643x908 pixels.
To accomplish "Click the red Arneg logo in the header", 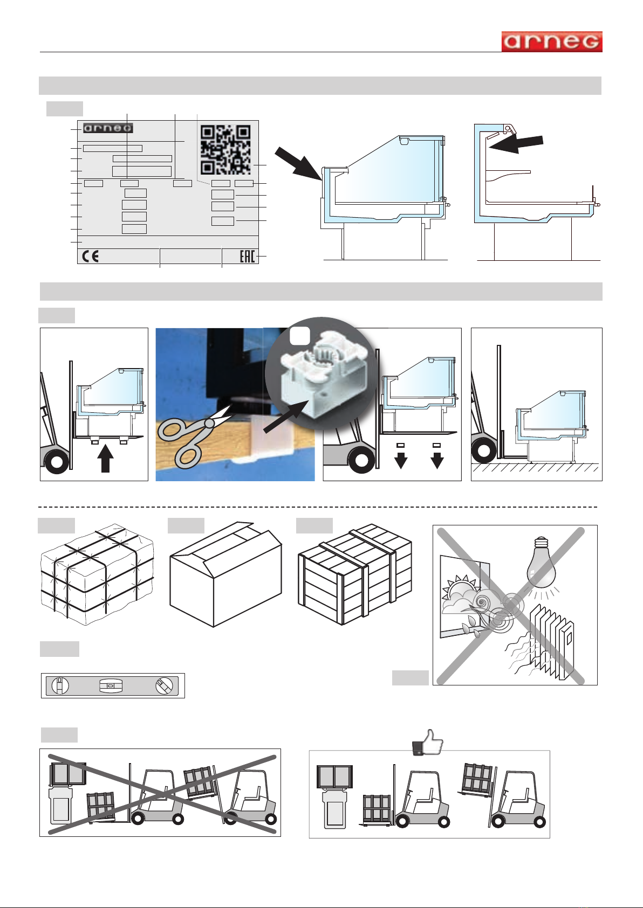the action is [552, 41].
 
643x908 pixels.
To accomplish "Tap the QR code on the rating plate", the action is [225, 149].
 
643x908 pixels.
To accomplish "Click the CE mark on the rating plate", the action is [90, 256].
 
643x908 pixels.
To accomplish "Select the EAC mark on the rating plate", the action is [247, 256].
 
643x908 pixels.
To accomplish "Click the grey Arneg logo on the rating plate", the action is [108, 128].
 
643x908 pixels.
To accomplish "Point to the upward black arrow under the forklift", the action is [106, 459].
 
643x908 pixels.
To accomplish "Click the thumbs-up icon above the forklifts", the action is [428, 742].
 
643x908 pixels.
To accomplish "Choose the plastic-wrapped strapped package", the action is [97, 575].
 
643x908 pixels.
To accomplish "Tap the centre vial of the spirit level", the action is [111, 685].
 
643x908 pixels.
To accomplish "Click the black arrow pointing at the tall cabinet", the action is [516, 143].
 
